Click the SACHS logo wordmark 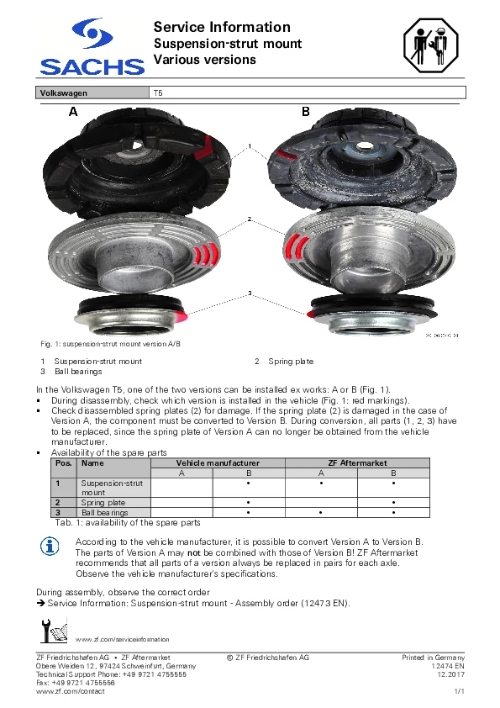[92, 66]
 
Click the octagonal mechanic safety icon [430, 45]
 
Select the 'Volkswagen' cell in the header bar [92, 93]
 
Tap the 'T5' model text [158, 93]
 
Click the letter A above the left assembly [73, 112]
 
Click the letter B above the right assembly [306, 112]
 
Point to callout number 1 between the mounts [250, 145]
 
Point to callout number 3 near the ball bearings [250, 293]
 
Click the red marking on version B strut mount [286, 155]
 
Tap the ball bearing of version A [132, 315]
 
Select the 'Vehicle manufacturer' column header [218, 462]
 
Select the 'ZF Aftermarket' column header [357, 462]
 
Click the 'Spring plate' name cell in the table [103, 503]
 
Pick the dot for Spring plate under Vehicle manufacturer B [249, 503]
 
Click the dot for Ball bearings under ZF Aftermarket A [321, 512]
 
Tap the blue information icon [50, 547]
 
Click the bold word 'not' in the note [193, 552]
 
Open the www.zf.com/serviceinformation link [123, 639]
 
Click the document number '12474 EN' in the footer [448, 666]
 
